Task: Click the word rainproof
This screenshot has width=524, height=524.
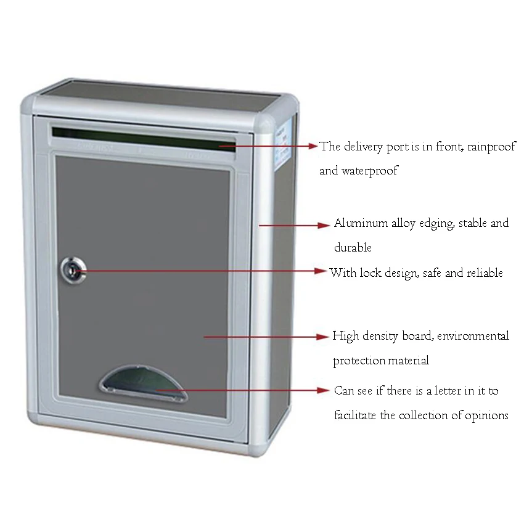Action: pyautogui.click(x=491, y=147)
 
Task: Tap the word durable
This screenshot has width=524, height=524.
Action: pyautogui.click(x=353, y=248)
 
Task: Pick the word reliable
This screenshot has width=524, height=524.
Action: pyautogui.click(x=483, y=272)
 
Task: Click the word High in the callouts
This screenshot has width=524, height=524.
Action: pyautogui.click(x=345, y=336)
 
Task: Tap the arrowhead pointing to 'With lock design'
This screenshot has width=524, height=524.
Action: pyautogui.click(x=321, y=271)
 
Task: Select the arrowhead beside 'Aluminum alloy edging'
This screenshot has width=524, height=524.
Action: pyautogui.click(x=324, y=225)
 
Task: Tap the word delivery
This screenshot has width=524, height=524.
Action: pyautogui.click(x=362, y=147)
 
